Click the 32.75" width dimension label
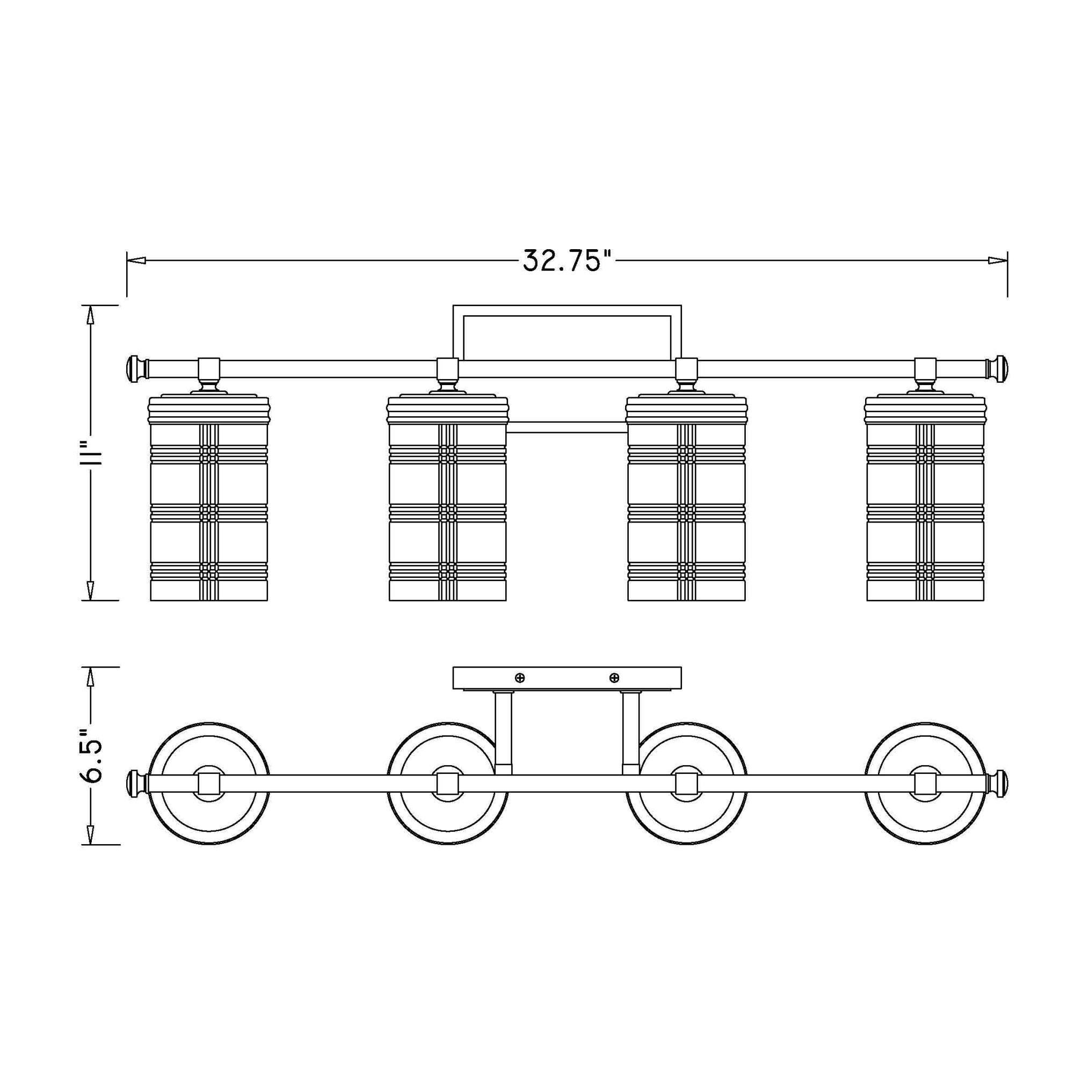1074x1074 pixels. pyautogui.click(x=563, y=259)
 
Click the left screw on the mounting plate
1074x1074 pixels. pyautogui.click(x=520, y=678)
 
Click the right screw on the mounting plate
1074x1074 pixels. pyautogui.click(x=614, y=678)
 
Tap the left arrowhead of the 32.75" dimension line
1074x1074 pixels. pyautogui.click(x=136, y=259)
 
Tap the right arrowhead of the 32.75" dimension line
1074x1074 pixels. pyautogui.click(x=998, y=259)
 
